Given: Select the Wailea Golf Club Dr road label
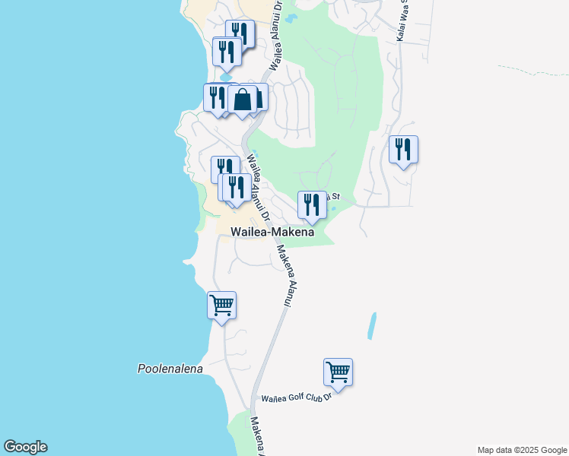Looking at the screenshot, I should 297,397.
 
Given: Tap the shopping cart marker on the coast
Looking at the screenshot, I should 221,306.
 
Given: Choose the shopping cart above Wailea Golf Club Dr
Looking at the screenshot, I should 338,372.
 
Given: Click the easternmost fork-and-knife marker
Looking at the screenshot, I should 403,149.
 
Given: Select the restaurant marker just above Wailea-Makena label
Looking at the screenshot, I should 312,204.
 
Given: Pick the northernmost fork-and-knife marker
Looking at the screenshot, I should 240,33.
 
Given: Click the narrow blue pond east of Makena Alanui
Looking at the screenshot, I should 371,325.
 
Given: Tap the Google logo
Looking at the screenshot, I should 25,447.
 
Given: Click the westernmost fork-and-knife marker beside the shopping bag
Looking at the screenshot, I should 216,97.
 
